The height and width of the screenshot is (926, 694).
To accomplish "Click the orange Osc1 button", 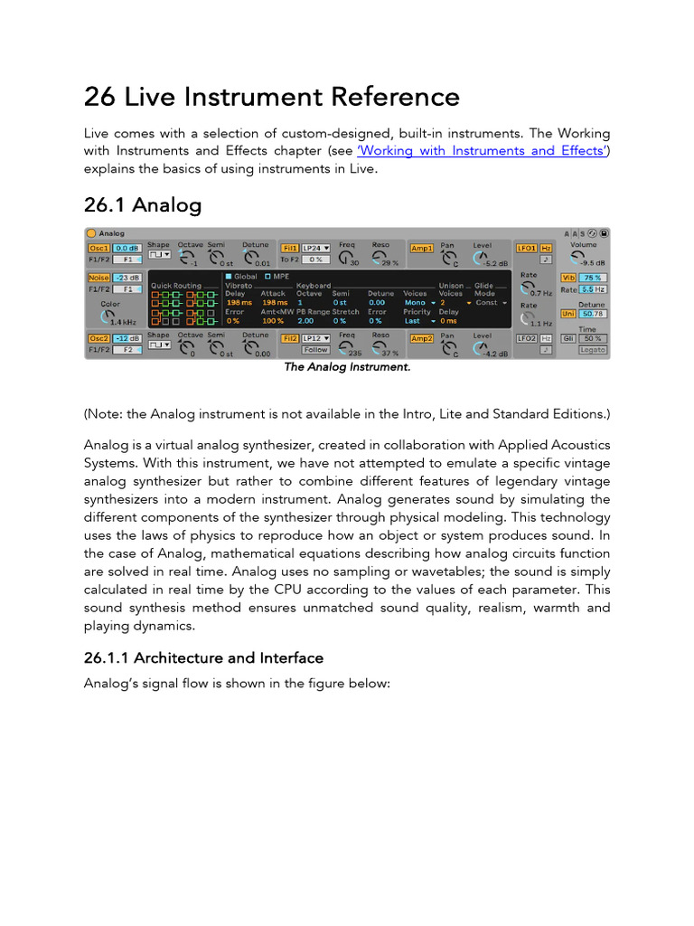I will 98,248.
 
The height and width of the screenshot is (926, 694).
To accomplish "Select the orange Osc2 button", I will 98,337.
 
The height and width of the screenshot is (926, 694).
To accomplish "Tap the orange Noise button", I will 98,278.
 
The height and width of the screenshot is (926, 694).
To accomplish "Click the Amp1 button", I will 422,248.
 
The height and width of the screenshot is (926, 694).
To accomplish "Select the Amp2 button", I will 422,337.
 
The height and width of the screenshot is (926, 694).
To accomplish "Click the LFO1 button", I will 526,248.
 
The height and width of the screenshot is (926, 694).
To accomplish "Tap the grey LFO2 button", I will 526,338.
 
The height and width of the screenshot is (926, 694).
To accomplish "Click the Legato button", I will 593,350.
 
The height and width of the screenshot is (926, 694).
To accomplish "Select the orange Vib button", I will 568,278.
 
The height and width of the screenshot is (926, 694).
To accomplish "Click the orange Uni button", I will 568,314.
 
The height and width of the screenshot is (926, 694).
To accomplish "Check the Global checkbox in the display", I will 229,276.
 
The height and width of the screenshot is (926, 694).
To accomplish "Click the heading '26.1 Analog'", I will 143,205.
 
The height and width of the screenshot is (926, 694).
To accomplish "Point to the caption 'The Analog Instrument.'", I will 347,367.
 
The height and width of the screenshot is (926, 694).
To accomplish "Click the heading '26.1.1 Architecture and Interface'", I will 203,657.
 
